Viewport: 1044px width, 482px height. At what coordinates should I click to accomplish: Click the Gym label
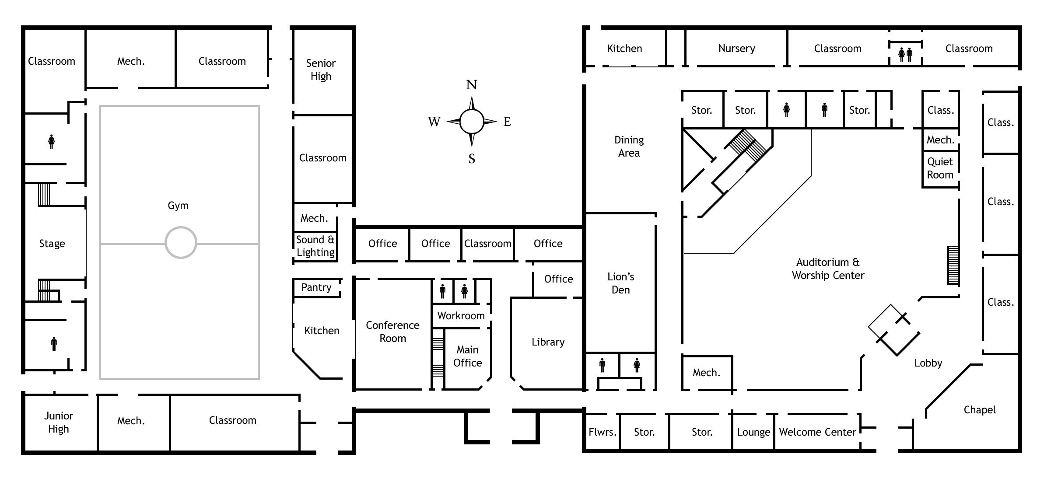click(x=178, y=206)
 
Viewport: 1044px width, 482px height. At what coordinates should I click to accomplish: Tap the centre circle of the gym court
click(x=181, y=242)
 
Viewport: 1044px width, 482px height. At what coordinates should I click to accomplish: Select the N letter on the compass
click(x=471, y=85)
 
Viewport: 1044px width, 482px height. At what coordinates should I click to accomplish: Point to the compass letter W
click(x=434, y=122)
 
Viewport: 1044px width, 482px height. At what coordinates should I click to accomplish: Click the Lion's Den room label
click(x=620, y=283)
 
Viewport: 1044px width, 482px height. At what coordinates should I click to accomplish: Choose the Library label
click(x=548, y=342)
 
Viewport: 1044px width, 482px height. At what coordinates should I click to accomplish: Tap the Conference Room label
click(x=392, y=332)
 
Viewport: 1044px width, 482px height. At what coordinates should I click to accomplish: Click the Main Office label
click(x=467, y=356)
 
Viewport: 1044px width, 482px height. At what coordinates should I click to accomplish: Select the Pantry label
click(x=316, y=287)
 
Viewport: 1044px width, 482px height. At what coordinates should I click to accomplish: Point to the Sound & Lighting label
click(x=315, y=246)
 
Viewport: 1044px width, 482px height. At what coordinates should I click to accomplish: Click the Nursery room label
click(x=736, y=49)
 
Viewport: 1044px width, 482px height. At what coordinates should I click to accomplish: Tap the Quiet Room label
click(x=940, y=168)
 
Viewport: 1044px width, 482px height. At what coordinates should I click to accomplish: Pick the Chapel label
click(x=979, y=410)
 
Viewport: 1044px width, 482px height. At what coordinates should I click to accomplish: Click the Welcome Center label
click(x=817, y=432)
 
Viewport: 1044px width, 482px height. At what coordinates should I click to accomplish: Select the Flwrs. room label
click(x=602, y=432)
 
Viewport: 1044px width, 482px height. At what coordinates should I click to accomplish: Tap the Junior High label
click(x=58, y=422)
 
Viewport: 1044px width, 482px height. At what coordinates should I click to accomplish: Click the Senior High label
click(x=321, y=70)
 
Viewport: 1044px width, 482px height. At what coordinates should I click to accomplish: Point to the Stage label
click(x=52, y=244)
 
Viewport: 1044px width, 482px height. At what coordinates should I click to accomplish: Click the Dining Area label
click(x=629, y=146)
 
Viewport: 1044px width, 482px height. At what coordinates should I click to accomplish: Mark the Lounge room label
click(x=753, y=432)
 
